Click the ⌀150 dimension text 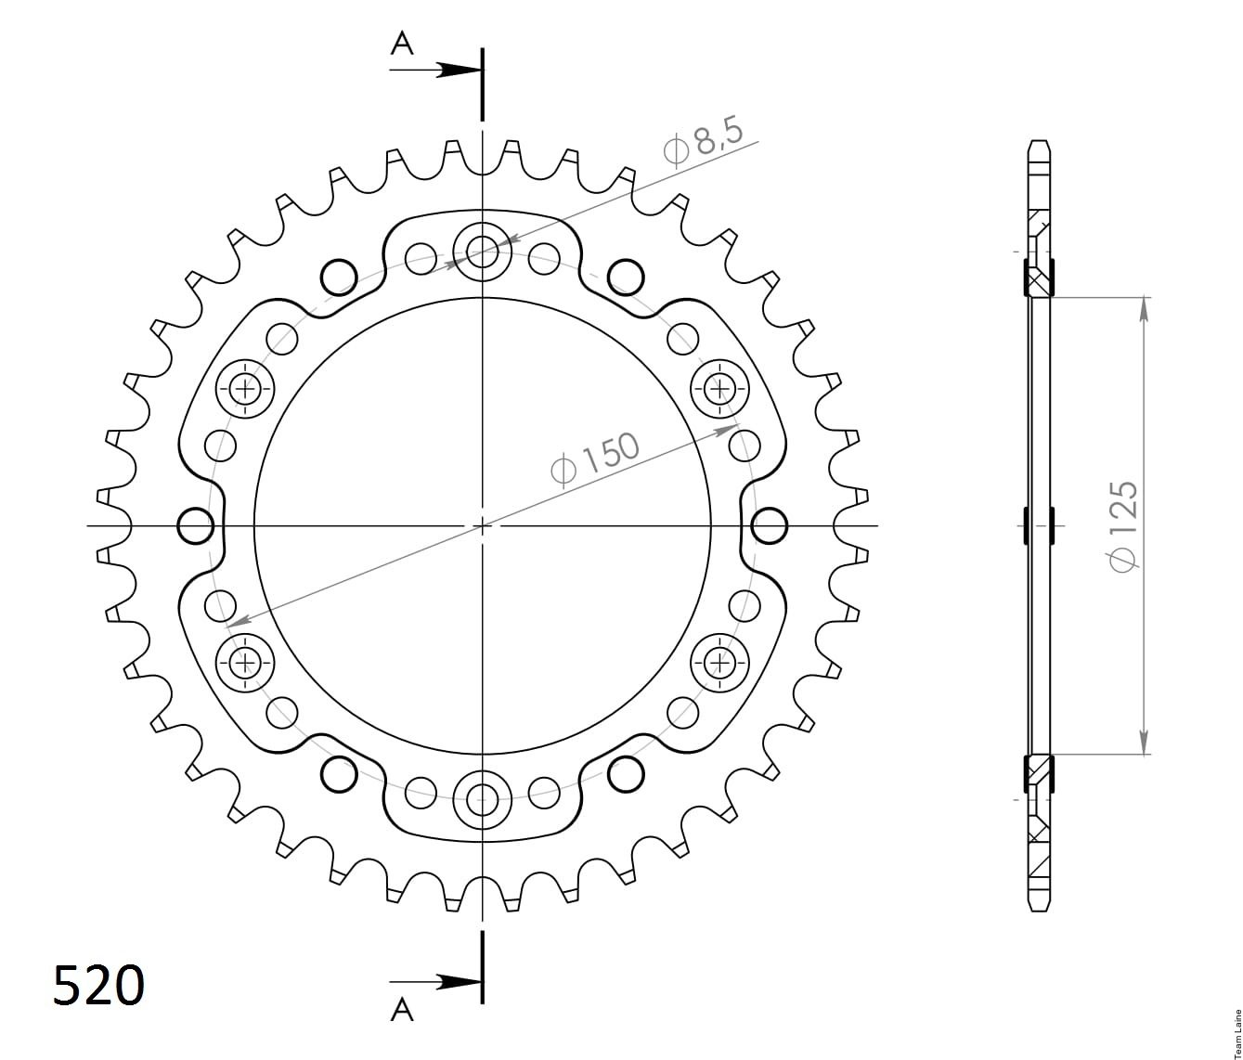(x=594, y=459)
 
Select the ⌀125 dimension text (x=1122, y=526)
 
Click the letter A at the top (x=402, y=44)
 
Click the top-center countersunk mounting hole (x=482, y=252)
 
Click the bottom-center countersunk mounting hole (x=482, y=799)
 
